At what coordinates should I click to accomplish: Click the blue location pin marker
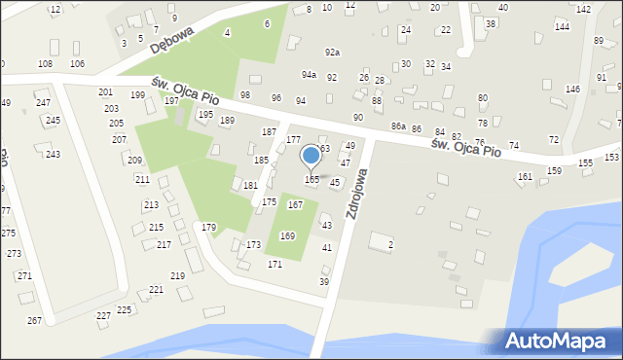coord(311,157)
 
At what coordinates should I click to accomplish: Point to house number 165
coord(311,180)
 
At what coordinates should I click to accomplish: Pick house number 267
coord(34,320)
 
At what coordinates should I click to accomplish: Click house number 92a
coord(333,53)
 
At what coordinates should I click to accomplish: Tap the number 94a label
coord(309,75)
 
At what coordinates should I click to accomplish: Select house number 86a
coord(397,126)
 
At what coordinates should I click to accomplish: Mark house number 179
coord(208,227)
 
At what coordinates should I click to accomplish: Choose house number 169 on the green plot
coord(287,236)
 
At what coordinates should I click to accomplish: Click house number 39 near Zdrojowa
coord(324,281)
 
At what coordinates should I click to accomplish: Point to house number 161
coord(525,176)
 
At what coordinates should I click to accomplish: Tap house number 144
coord(562,26)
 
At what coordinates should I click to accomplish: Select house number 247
coord(43,102)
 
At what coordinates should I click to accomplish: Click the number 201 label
coord(105,92)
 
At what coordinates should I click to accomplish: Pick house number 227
coord(103,315)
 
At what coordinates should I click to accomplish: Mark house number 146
coord(572,90)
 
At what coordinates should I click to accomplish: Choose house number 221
coord(156,290)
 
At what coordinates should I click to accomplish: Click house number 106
coord(77,63)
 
